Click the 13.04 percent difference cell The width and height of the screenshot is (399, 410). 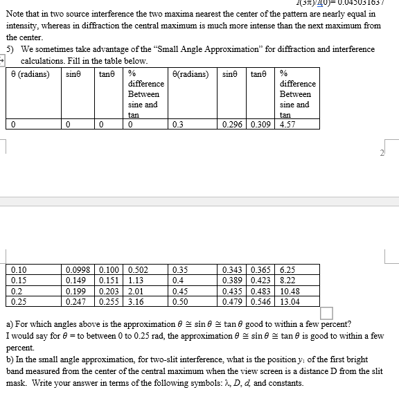point(290,302)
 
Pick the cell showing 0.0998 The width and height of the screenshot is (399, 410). point(76,270)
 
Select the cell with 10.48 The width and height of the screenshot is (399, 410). point(290,292)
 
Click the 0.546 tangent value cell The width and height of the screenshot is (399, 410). point(260,302)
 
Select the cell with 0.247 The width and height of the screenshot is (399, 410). point(75,302)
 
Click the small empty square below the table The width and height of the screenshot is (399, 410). point(326,313)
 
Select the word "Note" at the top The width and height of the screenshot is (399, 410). point(15,13)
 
